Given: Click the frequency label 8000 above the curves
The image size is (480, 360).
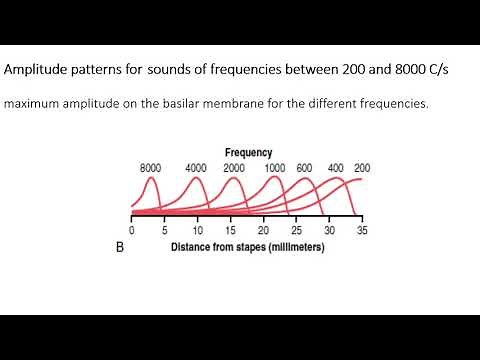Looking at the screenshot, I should click(149, 168).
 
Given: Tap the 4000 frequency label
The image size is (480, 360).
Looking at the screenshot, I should click(196, 168).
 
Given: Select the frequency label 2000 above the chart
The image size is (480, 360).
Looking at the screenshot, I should click(234, 168).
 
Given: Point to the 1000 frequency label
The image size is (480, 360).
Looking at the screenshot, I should click(275, 168).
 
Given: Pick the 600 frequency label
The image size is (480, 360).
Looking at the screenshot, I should click(305, 168).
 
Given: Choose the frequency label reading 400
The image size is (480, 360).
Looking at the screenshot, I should click(336, 168).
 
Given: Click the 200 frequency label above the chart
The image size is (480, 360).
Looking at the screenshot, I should click(362, 168).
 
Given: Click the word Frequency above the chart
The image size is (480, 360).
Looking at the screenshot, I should click(249, 153).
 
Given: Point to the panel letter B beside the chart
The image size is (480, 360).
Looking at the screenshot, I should click(119, 248).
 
